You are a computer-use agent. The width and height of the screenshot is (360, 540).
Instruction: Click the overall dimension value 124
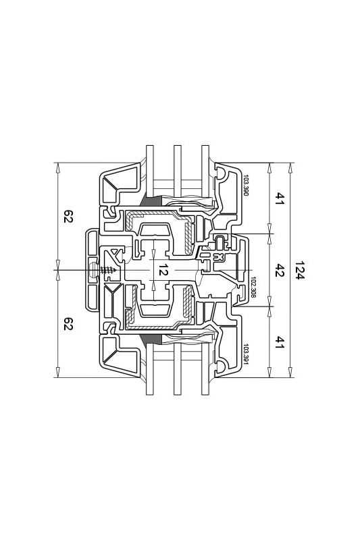(x=300, y=270)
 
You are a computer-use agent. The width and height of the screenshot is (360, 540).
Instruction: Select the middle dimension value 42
(x=279, y=271)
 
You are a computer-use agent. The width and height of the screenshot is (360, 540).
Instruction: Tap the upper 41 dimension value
(x=279, y=198)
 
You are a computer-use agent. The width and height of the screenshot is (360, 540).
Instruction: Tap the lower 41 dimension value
(x=279, y=342)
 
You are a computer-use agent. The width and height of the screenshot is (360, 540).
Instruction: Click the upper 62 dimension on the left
(x=68, y=216)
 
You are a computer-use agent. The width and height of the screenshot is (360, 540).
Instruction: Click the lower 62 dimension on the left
(x=68, y=324)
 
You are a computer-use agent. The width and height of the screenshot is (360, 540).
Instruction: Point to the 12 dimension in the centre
(x=163, y=270)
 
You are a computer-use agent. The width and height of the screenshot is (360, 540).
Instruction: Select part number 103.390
(x=246, y=186)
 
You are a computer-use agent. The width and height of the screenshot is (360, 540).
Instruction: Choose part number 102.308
(x=253, y=287)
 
